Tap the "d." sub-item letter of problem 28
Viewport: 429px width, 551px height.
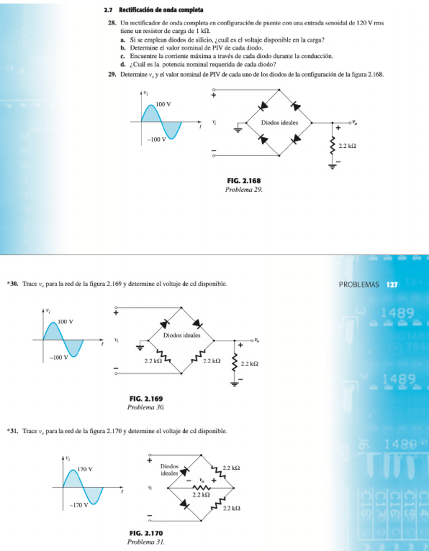pyautogui.click(x=124, y=64)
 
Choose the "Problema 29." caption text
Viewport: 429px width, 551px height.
pyautogui.click(x=243, y=189)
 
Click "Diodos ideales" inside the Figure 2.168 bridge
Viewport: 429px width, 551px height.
pyautogui.click(x=279, y=122)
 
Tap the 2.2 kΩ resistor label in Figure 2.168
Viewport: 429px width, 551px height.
pyautogui.click(x=348, y=147)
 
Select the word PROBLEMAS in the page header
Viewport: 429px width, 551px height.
pyautogui.click(x=359, y=284)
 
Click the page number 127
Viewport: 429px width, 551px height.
pyautogui.click(x=392, y=284)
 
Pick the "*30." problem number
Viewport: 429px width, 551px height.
pyautogui.click(x=13, y=284)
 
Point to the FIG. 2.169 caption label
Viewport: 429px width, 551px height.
pyautogui.click(x=146, y=399)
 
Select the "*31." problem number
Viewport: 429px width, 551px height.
pyautogui.click(x=13, y=431)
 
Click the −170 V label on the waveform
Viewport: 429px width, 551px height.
pyautogui.click(x=80, y=506)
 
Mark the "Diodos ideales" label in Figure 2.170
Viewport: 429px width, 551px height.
pyautogui.click(x=169, y=469)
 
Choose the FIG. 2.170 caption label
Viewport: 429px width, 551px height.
pyautogui.click(x=146, y=533)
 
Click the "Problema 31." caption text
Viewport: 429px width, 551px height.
pyautogui.click(x=146, y=542)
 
